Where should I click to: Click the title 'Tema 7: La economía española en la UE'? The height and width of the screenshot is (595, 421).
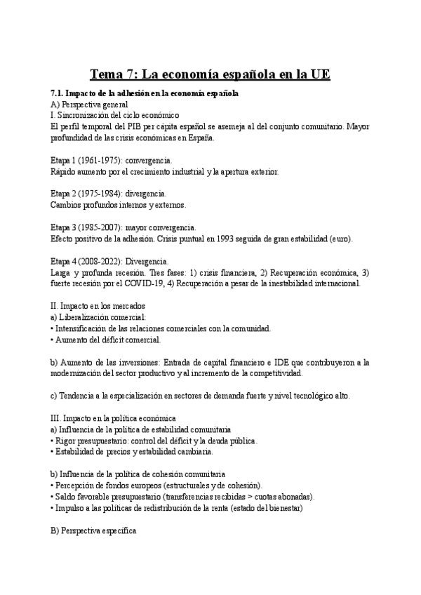(210, 74)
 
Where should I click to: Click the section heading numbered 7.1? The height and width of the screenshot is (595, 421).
(145, 93)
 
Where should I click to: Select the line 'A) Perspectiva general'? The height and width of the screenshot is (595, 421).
(89, 103)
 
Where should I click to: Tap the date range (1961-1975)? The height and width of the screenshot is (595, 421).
(103, 160)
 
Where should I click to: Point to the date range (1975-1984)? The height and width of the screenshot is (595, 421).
(103, 194)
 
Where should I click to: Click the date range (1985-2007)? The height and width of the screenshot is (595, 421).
(103, 227)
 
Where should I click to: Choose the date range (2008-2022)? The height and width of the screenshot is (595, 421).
(103, 261)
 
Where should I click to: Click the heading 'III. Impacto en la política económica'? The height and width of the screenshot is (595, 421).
(114, 418)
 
